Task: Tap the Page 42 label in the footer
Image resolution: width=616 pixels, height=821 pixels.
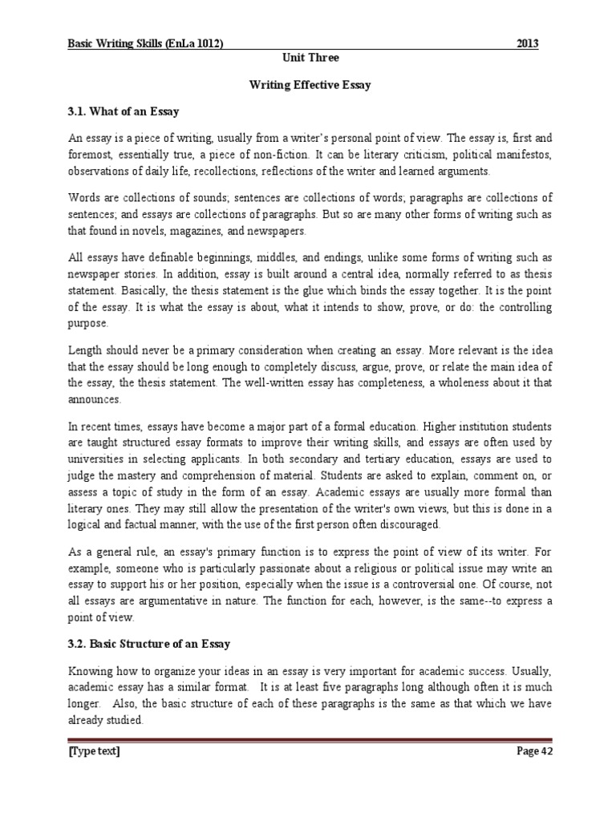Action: click(x=532, y=751)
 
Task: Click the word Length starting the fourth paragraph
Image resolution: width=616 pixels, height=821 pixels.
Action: click(x=87, y=350)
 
